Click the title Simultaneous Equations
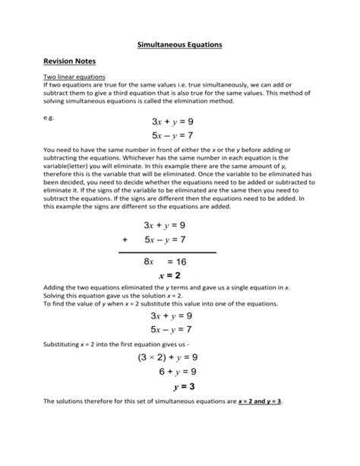click(x=179, y=46)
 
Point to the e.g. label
click(x=49, y=118)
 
